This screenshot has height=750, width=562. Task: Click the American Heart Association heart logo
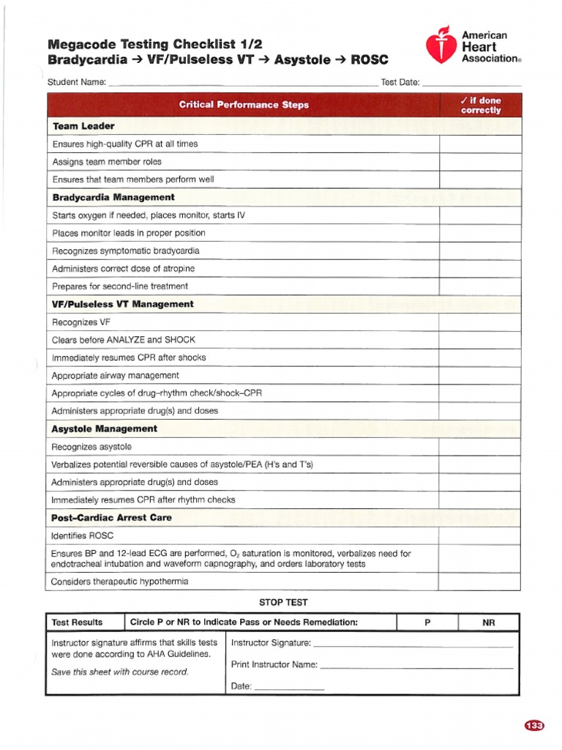[441, 45]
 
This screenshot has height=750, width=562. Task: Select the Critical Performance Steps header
[244, 105]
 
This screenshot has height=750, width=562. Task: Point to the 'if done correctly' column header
[480, 105]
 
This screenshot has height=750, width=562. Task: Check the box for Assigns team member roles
[479, 162]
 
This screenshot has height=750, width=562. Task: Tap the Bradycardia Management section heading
[113, 197]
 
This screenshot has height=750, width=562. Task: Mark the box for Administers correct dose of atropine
[479, 269]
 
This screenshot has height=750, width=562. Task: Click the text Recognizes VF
[80, 322]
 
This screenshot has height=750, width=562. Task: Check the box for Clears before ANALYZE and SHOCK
[479, 340]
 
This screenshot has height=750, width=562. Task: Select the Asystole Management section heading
[105, 428]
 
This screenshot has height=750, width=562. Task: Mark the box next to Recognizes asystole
[479, 447]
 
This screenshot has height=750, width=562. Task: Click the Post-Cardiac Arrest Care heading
[112, 517]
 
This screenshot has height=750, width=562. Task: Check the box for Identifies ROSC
[479, 536]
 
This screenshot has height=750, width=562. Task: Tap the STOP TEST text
[283, 602]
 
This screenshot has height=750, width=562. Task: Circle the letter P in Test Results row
[427, 623]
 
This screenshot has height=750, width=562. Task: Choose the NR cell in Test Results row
[489, 623]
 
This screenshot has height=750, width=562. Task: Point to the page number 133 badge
[535, 726]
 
